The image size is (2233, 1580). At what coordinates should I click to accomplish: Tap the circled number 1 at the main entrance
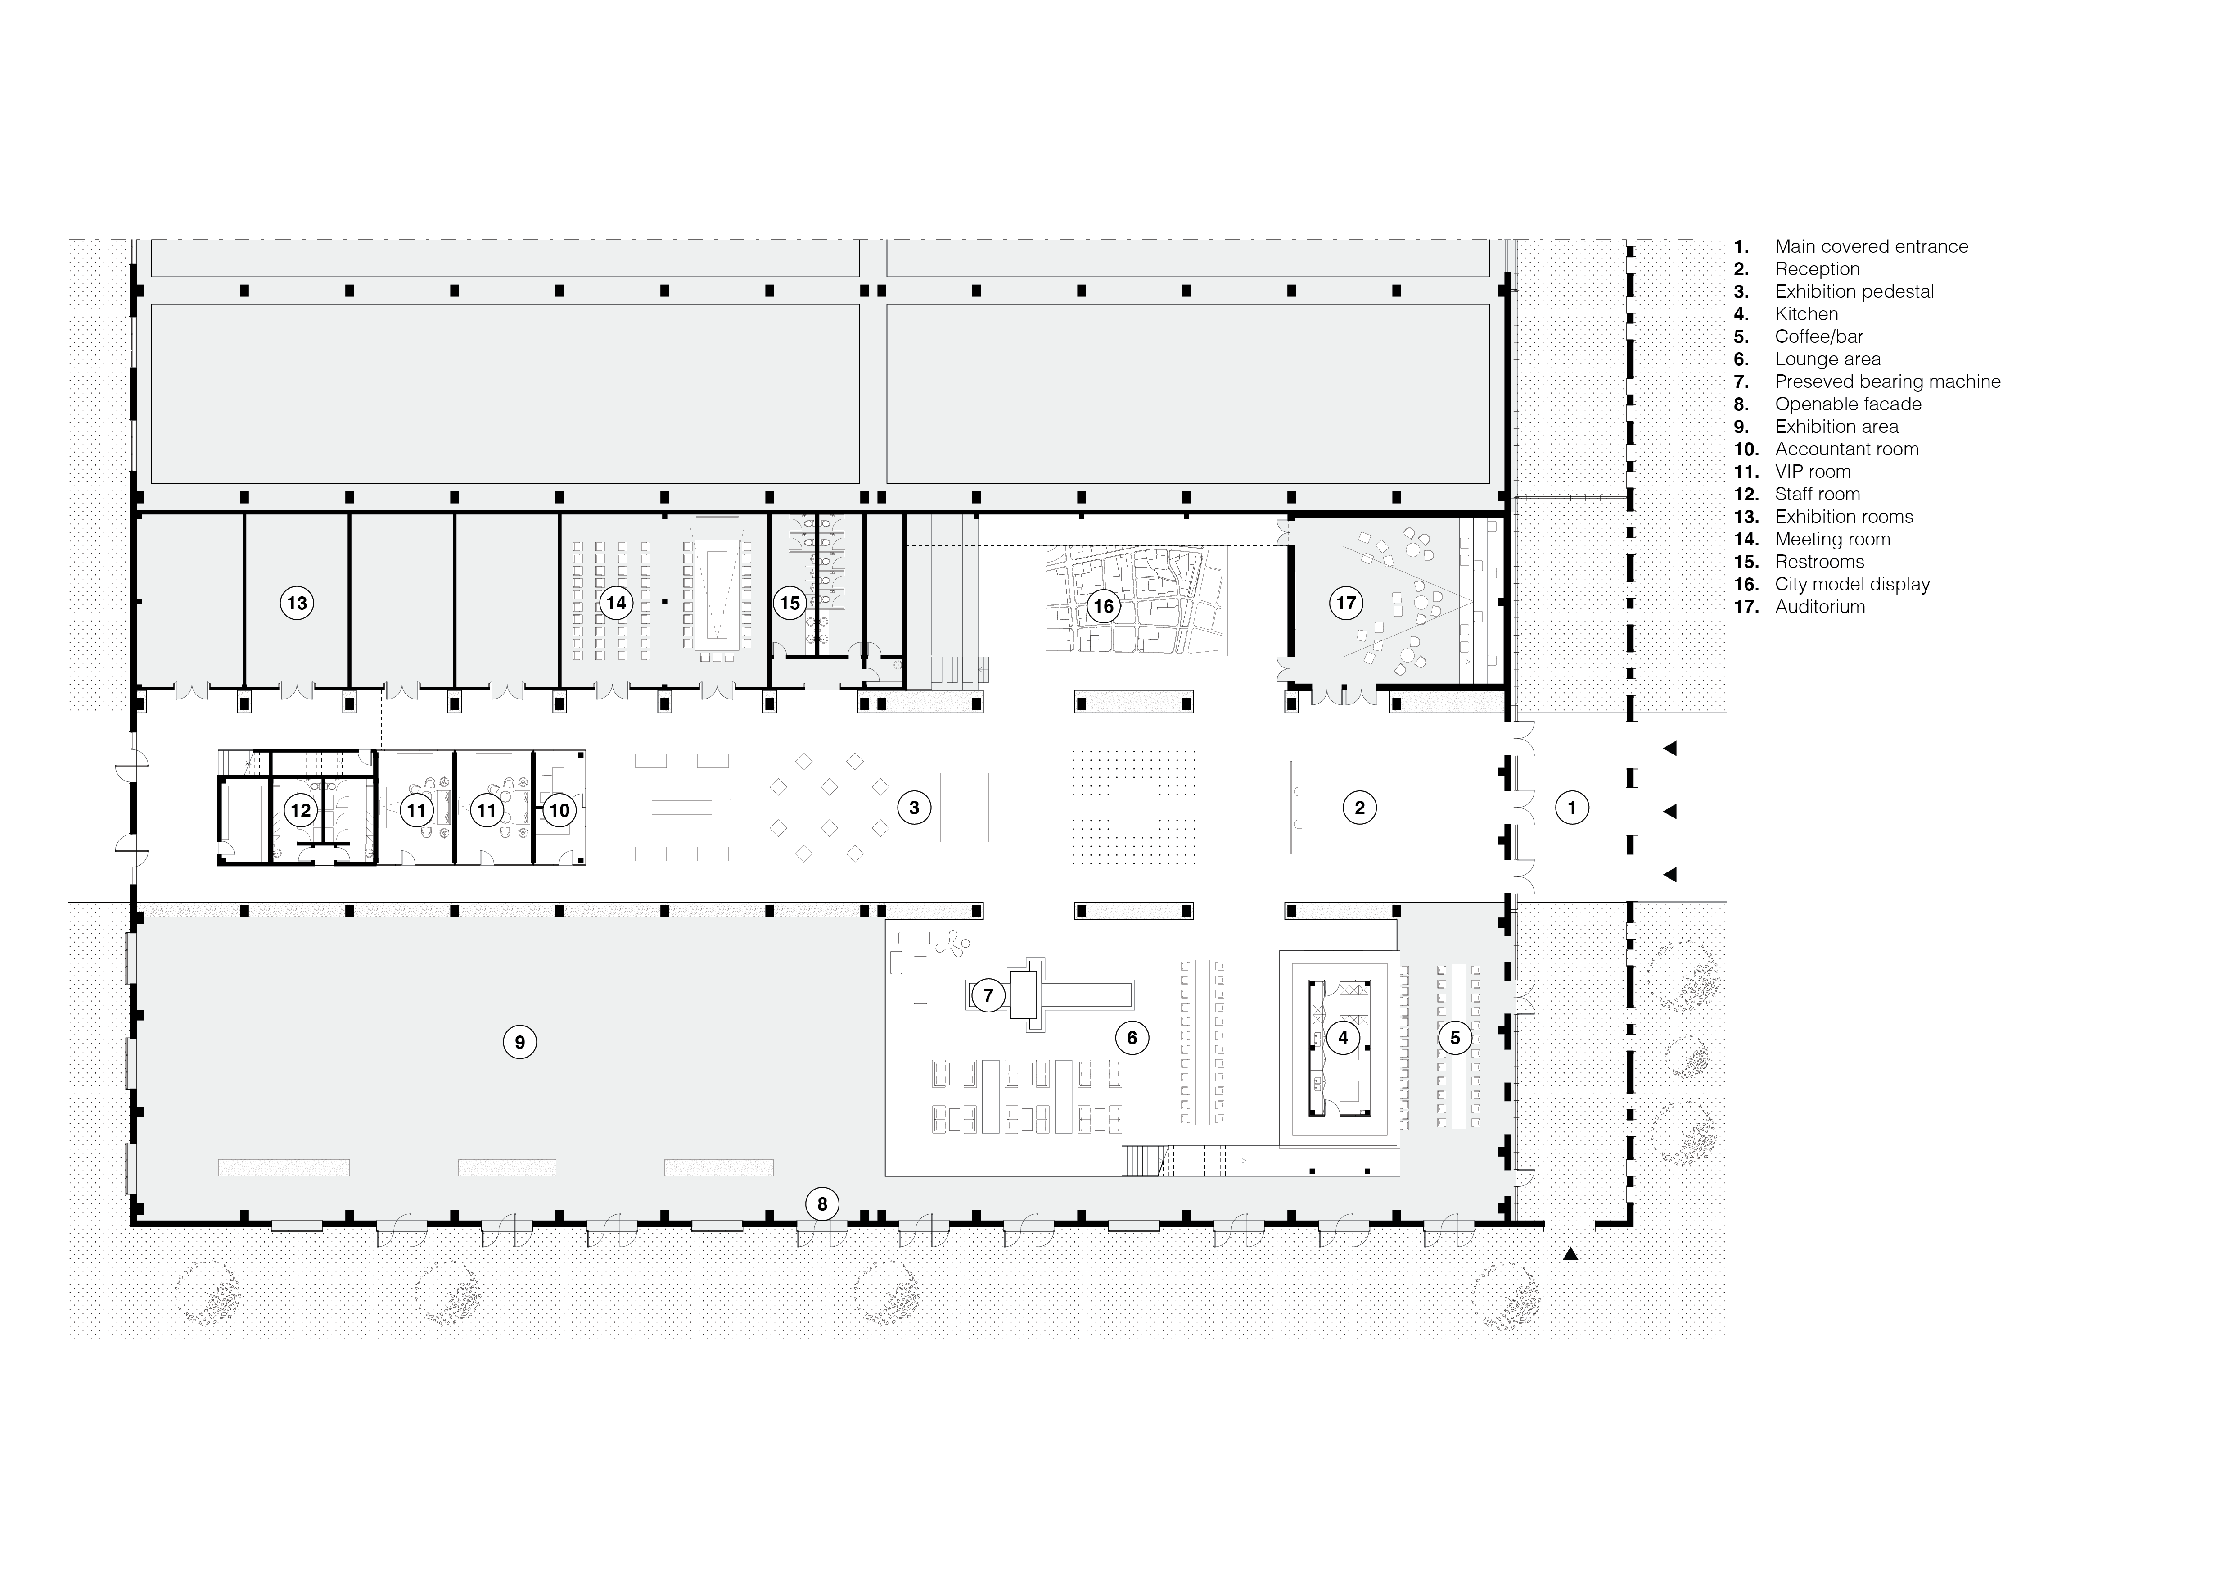tap(1572, 807)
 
